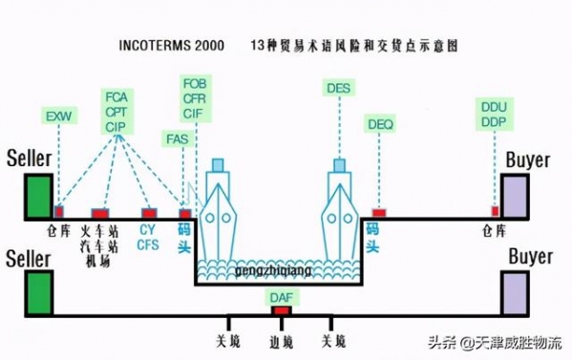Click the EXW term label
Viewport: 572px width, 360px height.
pyautogui.click(x=57, y=116)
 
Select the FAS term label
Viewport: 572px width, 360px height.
pyautogui.click(x=177, y=139)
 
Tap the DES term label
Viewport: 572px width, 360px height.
pyautogui.click(x=339, y=89)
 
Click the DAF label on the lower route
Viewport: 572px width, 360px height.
pyautogui.click(x=281, y=299)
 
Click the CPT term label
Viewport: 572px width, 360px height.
pyautogui.click(x=117, y=112)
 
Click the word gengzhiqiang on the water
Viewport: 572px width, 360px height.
pyautogui.click(x=276, y=271)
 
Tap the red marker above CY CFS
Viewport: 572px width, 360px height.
pyautogui.click(x=148, y=213)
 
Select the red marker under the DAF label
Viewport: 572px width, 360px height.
pyautogui.click(x=281, y=311)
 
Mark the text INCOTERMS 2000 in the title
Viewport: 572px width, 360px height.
pyautogui.click(x=171, y=45)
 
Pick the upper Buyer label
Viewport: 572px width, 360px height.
pyautogui.click(x=528, y=159)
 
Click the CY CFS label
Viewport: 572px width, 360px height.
pyautogui.click(x=148, y=237)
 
